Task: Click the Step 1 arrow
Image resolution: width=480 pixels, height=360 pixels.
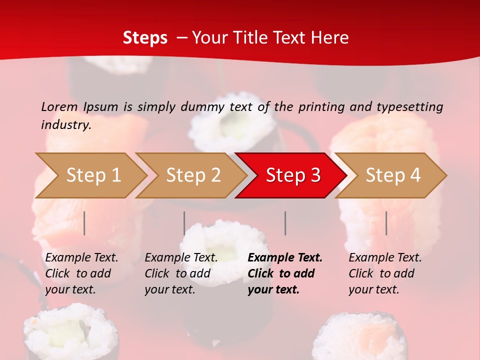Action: pyautogui.click(x=92, y=175)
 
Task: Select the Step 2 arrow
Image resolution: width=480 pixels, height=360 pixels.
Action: pyautogui.click(x=192, y=175)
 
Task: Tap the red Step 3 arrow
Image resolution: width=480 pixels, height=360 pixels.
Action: pyautogui.click(x=292, y=175)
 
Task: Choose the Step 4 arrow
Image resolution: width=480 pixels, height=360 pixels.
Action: pyautogui.click(x=392, y=175)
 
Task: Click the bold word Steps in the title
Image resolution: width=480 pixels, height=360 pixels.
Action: pyautogui.click(x=145, y=38)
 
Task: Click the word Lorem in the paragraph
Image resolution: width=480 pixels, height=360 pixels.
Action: pyautogui.click(x=59, y=106)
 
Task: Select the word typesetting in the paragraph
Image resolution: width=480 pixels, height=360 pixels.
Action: pyautogui.click(x=409, y=107)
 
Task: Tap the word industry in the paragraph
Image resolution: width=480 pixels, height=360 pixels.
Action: pyautogui.click(x=66, y=125)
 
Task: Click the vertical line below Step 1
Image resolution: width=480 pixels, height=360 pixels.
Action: pyautogui.click(x=84, y=223)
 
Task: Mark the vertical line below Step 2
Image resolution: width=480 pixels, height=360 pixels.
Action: pyautogui.click(x=184, y=223)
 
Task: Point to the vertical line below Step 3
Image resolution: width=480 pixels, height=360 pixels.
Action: pyautogui.click(x=285, y=223)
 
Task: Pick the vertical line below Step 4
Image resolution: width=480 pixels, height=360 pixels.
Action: pyautogui.click(x=386, y=223)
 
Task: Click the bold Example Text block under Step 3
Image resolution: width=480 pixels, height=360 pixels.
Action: pyautogui.click(x=285, y=273)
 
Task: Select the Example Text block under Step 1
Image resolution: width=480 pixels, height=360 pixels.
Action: pyautogui.click(x=81, y=273)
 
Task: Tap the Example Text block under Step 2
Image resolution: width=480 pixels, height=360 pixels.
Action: pyautogui.click(x=181, y=273)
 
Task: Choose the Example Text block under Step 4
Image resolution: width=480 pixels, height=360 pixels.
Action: pyautogui.click(x=385, y=273)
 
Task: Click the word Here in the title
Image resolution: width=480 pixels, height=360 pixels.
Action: pyautogui.click(x=330, y=38)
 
